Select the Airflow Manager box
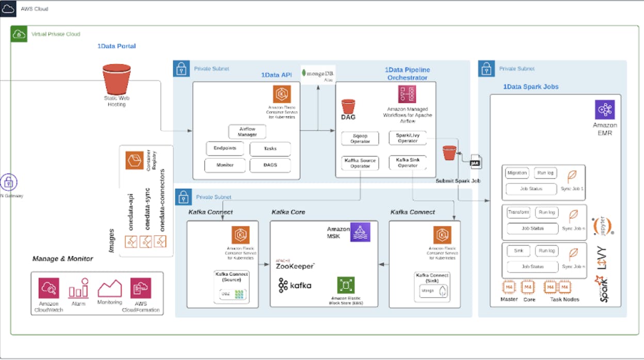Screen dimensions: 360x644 click(x=247, y=132)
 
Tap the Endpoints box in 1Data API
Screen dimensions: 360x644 click(x=224, y=149)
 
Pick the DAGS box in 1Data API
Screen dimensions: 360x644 click(x=270, y=165)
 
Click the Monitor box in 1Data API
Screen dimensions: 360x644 click(x=224, y=165)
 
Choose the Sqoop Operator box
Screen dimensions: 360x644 click(x=360, y=138)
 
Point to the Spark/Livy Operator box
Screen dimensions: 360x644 click(x=408, y=138)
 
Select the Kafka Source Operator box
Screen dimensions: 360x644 click(x=360, y=163)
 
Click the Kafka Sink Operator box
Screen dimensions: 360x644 click(x=408, y=162)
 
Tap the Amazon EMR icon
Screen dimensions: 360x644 click(x=604, y=110)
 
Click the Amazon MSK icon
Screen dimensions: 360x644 click(x=360, y=233)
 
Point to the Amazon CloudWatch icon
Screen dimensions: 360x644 click(x=49, y=288)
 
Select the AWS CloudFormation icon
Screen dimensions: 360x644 click(x=140, y=288)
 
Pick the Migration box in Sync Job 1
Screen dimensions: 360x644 click(x=517, y=173)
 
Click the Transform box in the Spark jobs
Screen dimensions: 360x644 click(x=518, y=212)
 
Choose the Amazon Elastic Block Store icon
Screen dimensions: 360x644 click(x=346, y=285)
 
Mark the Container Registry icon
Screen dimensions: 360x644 click(x=134, y=160)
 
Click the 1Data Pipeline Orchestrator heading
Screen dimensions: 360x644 click(x=407, y=73)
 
